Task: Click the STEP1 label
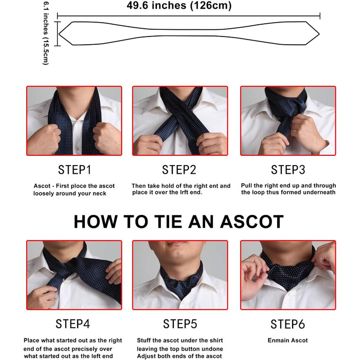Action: coord(75,170)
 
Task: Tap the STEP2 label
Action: coord(179,170)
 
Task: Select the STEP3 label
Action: coord(288,170)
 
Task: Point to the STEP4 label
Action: coord(73,324)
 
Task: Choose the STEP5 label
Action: coord(180,324)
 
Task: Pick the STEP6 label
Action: coord(287,324)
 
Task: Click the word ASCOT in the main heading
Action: coord(252,222)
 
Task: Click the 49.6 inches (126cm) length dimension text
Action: coord(179,6)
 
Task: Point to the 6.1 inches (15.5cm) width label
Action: coord(46,33)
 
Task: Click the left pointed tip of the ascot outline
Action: coord(59,34)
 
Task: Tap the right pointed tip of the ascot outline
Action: coord(319,34)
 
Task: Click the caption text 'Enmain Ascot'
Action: coord(287,340)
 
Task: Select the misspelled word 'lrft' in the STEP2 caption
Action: coord(175,192)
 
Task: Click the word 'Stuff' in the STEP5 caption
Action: coord(143,340)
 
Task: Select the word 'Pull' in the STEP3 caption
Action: coord(247,186)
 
